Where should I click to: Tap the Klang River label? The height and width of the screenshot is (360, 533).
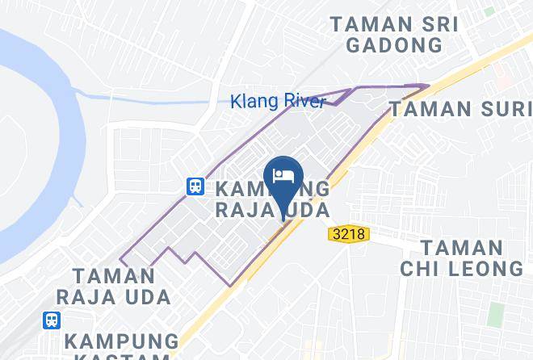(277, 102)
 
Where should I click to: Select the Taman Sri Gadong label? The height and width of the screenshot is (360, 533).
(394, 35)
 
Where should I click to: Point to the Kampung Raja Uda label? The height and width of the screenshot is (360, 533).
(273, 199)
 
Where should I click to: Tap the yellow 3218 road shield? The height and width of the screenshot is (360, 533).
(347, 234)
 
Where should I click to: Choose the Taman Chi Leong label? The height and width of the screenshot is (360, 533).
(463, 258)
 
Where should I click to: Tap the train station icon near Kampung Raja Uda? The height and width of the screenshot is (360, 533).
(195, 186)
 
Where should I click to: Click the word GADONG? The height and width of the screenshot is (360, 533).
(394, 44)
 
